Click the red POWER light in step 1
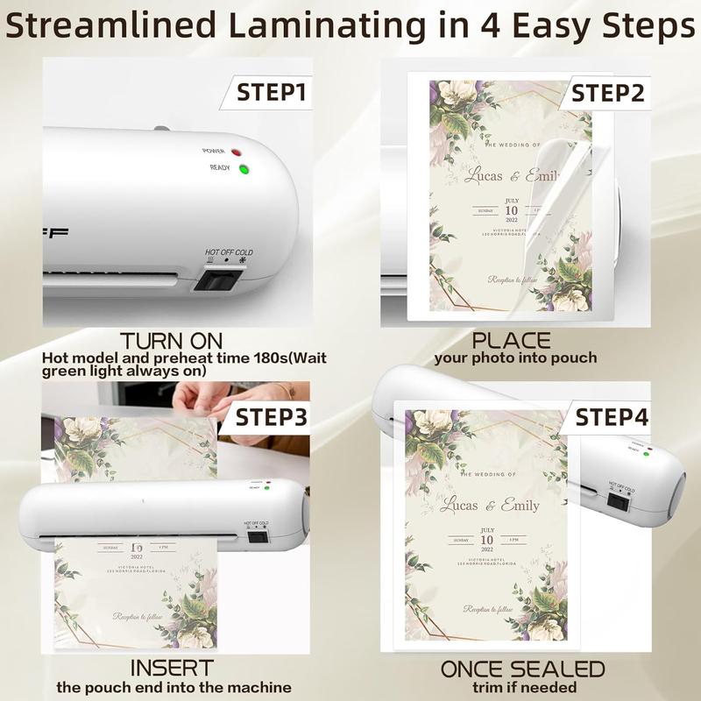click(236, 152)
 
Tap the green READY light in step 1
click(243, 169)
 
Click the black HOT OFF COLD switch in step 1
click(218, 280)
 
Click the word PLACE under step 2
click(512, 340)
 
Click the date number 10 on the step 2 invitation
click(510, 210)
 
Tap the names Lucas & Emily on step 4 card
click(490, 505)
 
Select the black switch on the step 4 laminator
click(619, 501)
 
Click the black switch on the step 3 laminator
click(257, 537)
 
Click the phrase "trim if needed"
click(522, 688)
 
